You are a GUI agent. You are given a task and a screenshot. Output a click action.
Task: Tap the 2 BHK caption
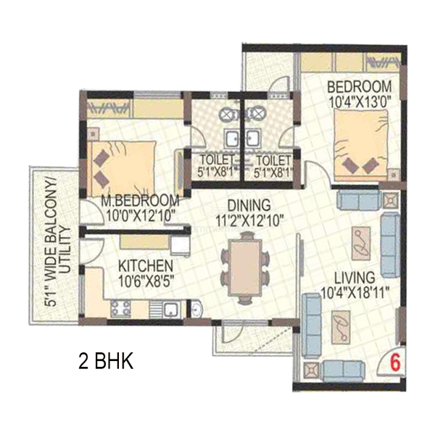click(106, 361)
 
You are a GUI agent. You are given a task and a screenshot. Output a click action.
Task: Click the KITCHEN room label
click(146, 266)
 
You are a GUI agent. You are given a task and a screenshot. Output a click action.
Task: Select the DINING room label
click(249, 205)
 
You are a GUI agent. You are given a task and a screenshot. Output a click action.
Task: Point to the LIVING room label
click(355, 278)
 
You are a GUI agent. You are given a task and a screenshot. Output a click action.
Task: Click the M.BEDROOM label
click(140, 201)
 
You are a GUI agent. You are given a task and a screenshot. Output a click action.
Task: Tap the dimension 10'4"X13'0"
click(360, 101)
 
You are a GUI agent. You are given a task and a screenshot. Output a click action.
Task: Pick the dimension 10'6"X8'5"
click(146, 281)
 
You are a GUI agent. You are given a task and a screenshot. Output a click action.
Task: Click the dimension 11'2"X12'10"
click(249, 220)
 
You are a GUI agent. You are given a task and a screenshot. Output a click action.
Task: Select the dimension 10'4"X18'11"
click(355, 292)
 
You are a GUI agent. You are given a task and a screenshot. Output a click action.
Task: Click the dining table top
click(245, 268)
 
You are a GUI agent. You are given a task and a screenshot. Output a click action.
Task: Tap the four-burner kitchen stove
click(120, 309)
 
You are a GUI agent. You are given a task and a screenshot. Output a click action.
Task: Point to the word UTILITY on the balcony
click(65, 249)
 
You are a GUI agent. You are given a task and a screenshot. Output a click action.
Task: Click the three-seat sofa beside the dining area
click(312, 326)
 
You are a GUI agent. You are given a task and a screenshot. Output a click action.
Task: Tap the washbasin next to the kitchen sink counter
click(196, 309)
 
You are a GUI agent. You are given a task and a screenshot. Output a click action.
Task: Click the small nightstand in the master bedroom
click(94, 133)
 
